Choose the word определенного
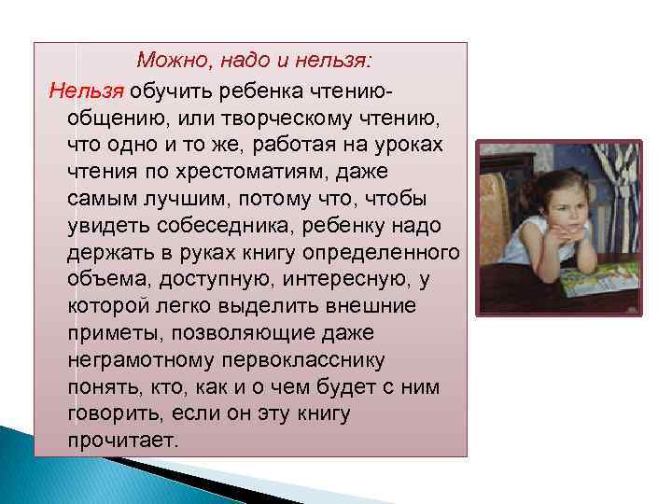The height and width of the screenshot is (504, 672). pos(390,253)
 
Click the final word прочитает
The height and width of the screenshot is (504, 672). pos(121,439)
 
